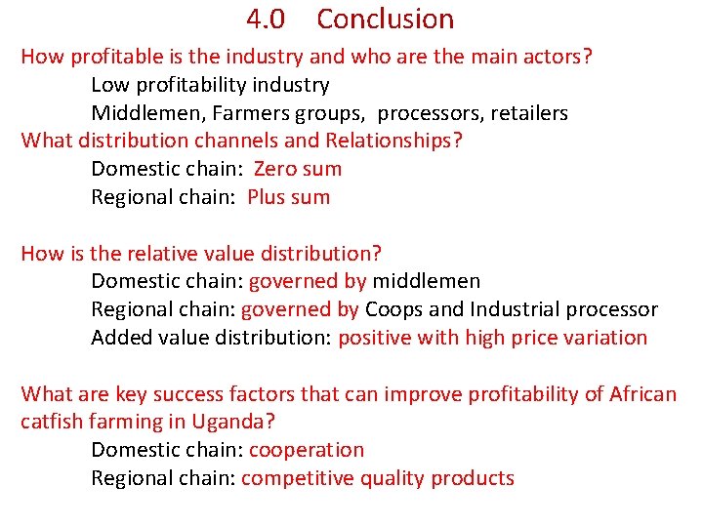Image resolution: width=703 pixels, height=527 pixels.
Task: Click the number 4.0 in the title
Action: point(265,20)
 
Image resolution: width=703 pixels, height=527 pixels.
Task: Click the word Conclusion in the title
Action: point(386,20)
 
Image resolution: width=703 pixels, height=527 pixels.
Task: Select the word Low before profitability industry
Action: point(109,85)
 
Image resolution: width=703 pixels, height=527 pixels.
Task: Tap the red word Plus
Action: point(267,197)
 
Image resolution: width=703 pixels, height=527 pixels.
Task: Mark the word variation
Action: point(605,338)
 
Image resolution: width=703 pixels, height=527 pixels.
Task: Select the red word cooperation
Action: point(307,451)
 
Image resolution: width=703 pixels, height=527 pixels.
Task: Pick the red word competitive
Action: point(297,479)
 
